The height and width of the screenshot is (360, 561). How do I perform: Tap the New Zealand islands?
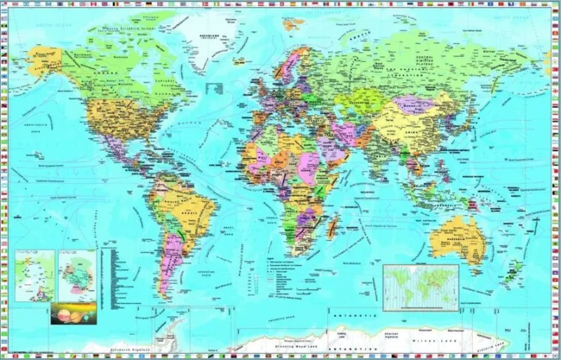515,270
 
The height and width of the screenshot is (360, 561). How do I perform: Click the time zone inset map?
421,286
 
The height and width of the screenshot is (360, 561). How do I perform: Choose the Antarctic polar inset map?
77,276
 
